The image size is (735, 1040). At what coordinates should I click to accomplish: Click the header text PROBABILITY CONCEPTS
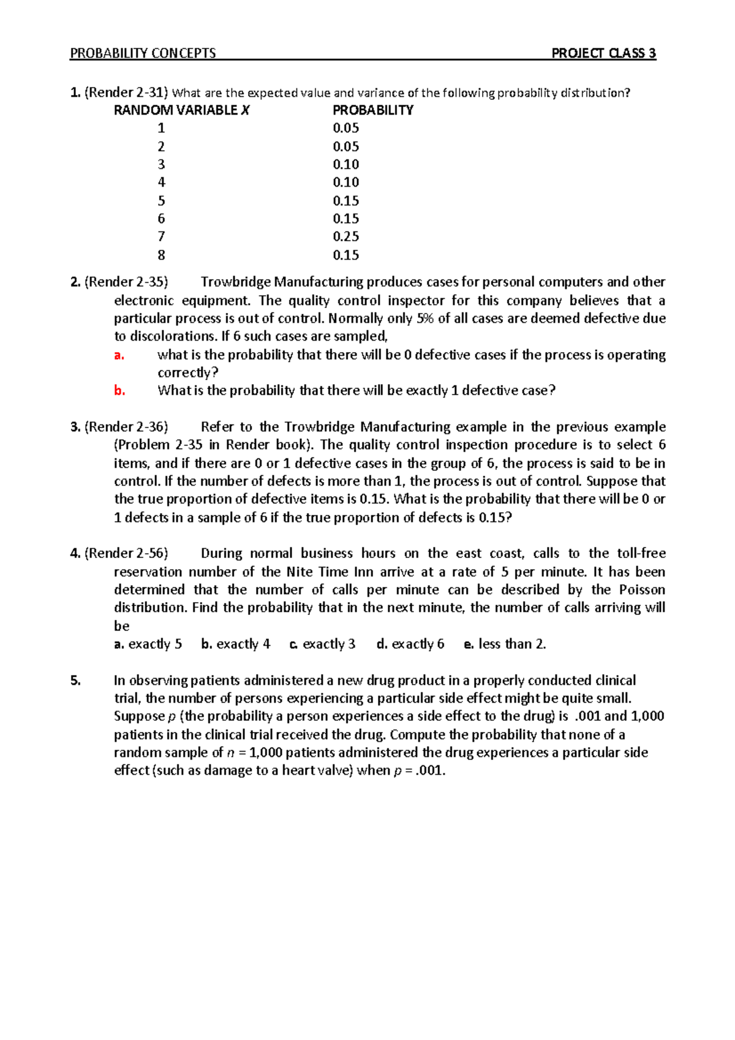click(143, 53)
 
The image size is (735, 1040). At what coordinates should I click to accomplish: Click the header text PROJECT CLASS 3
click(603, 53)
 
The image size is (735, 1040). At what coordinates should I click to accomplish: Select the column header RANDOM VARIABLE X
click(182, 110)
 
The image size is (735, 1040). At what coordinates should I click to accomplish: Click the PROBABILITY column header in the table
click(372, 110)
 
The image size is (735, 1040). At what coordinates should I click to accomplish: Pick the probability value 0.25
click(345, 236)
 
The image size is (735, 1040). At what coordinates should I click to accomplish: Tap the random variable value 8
click(161, 255)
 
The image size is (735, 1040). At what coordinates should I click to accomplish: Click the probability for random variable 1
click(345, 128)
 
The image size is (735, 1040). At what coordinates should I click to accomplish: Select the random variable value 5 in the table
click(161, 201)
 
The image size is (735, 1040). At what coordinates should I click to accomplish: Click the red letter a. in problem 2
click(119, 355)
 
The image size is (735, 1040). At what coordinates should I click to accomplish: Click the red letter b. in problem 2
click(119, 391)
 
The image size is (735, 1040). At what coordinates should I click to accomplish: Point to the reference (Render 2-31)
click(126, 92)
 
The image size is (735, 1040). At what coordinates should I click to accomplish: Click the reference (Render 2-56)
click(126, 554)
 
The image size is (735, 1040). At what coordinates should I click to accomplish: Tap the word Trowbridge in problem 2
click(235, 282)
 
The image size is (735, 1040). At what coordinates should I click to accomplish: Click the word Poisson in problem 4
click(642, 590)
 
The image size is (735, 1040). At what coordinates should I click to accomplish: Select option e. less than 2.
click(505, 644)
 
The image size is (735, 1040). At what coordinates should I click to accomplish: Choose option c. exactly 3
click(322, 644)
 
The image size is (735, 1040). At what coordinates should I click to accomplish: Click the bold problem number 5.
click(75, 680)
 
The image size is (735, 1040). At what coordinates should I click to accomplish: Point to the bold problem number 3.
click(75, 427)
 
